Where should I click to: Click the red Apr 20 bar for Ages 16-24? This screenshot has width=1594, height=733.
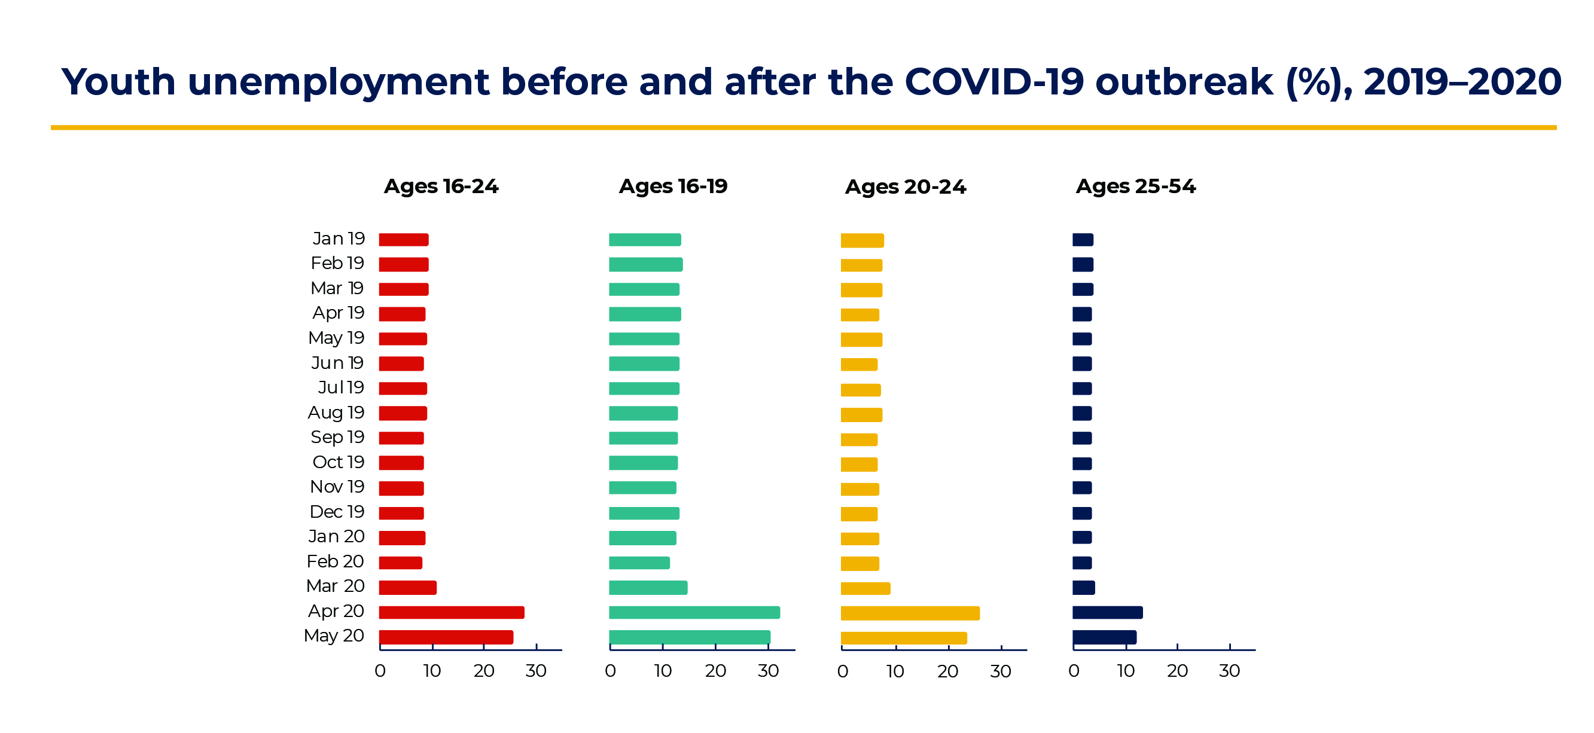pos(451,612)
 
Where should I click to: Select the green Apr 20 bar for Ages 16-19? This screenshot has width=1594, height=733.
pos(694,612)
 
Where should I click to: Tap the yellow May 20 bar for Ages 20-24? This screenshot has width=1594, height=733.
pos(903,638)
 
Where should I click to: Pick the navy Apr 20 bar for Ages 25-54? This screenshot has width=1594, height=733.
pos(1107,612)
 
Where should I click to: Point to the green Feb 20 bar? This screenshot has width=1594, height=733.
pos(639,563)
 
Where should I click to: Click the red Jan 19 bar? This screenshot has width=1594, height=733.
pos(404,239)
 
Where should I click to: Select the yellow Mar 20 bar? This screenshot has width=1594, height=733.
pos(865,588)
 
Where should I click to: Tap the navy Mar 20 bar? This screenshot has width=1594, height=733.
pos(1083,588)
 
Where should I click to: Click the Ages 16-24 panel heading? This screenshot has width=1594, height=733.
pos(441,186)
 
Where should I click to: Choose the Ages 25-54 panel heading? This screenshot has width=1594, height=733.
pos(1135,186)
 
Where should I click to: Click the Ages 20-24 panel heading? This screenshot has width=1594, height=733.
pos(905,187)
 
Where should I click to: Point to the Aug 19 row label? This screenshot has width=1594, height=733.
pos(336,413)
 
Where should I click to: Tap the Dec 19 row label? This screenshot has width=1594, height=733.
pos(337,512)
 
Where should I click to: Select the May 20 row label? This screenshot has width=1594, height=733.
pos(334,636)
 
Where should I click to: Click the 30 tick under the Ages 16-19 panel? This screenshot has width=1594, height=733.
pos(768,671)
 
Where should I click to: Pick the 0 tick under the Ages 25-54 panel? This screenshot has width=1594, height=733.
pos(1074,671)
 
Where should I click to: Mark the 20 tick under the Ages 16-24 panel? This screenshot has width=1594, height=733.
pos(484,671)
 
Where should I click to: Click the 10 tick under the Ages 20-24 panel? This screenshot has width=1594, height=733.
pos(895,672)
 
